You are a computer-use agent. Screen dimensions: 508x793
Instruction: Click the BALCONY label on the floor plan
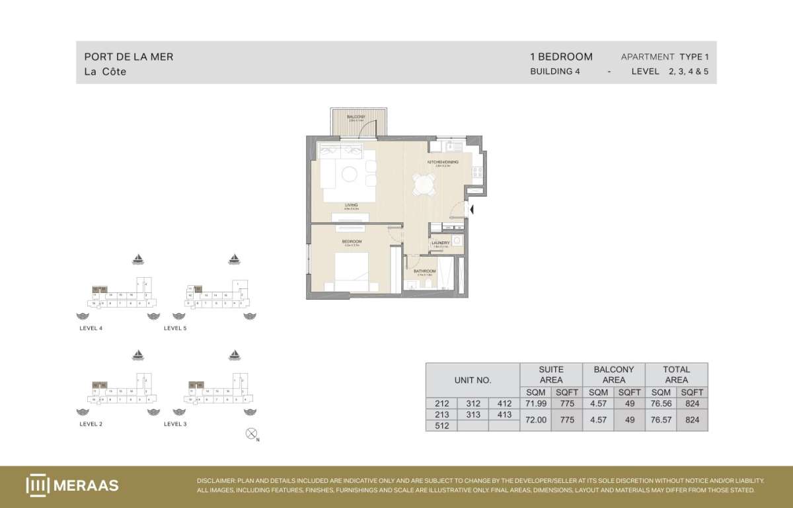[x=356, y=116]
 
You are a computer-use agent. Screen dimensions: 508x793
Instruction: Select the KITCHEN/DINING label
[x=443, y=161]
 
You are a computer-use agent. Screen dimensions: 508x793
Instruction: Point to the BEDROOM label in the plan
[x=350, y=241]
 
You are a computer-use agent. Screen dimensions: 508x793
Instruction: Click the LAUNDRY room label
[x=441, y=243]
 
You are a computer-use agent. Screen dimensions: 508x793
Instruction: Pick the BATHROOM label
[x=425, y=271]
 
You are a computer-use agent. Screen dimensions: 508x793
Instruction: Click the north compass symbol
[x=250, y=434]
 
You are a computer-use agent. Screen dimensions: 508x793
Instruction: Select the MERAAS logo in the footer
[x=73, y=485]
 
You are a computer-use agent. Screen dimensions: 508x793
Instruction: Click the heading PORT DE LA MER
[x=129, y=57]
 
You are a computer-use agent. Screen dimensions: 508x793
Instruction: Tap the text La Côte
[x=105, y=71]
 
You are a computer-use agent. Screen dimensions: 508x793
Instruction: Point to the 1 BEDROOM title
[x=561, y=57]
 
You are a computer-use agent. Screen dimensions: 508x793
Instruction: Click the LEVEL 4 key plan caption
[x=91, y=328]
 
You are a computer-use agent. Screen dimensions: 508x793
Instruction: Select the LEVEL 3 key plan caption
[x=175, y=423]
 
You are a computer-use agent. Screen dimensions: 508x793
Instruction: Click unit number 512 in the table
[x=441, y=426]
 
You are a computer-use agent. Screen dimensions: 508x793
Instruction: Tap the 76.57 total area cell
[x=660, y=419]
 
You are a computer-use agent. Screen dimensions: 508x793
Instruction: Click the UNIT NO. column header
[x=472, y=380]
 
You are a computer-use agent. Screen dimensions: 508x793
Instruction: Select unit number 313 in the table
[x=473, y=415]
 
